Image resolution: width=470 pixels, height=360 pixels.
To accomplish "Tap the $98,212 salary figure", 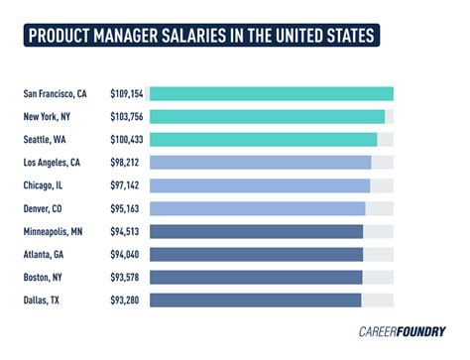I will (x=126, y=163).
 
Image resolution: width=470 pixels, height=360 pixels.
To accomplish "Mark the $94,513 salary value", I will (x=126, y=231).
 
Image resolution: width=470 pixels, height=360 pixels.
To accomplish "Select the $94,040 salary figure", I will (x=126, y=254).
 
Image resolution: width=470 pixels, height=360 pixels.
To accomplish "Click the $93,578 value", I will (x=126, y=277).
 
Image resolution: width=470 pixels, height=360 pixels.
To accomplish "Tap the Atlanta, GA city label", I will (x=47, y=254).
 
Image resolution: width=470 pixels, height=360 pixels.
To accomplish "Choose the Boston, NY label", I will (x=46, y=277).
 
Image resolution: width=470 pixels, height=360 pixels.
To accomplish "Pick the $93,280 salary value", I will (x=126, y=300).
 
